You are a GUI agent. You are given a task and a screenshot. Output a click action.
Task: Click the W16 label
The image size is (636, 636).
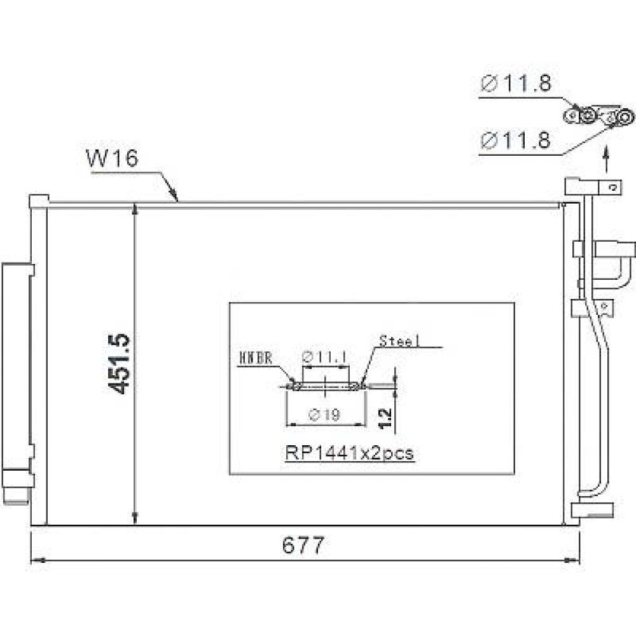[112, 158]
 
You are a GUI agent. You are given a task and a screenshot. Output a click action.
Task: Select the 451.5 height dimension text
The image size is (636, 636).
[122, 362]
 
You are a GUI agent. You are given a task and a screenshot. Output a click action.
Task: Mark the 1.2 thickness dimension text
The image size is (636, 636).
[385, 418]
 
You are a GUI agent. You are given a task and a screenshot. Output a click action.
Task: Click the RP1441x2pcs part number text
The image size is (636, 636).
[349, 453]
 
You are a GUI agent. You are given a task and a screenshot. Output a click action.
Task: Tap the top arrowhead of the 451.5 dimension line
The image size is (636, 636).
[135, 209]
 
